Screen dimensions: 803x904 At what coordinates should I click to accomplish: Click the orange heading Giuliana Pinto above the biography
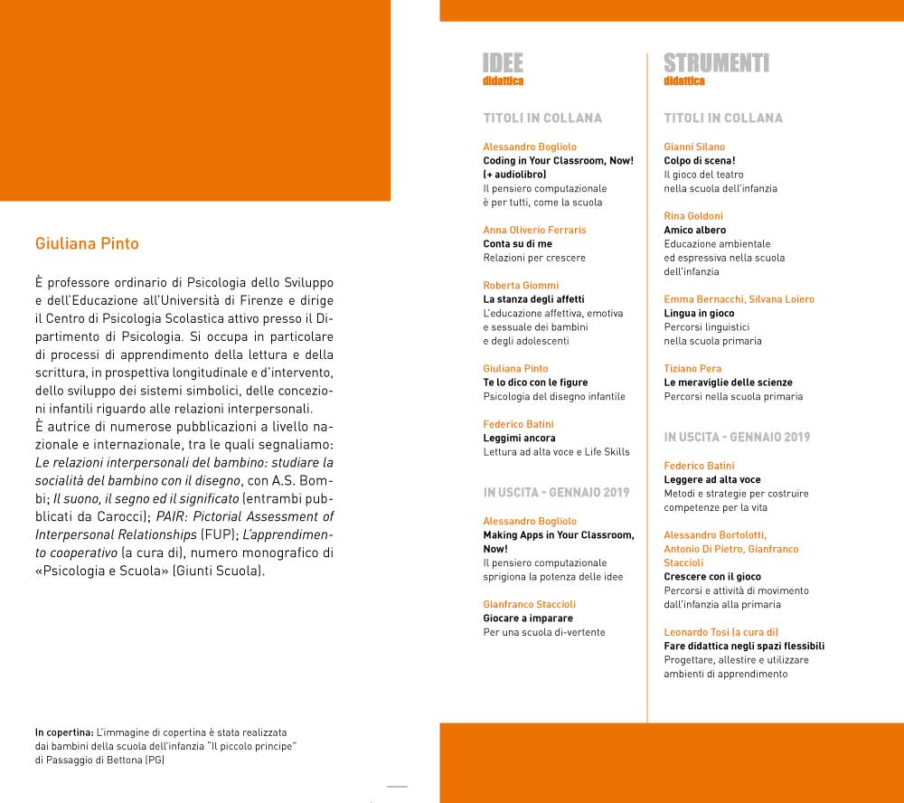coord(87,244)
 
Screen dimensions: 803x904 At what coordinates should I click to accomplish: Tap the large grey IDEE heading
coord(504,62)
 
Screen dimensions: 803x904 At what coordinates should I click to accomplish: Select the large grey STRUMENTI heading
coord(716,62)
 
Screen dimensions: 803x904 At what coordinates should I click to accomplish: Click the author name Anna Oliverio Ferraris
coord(534,230)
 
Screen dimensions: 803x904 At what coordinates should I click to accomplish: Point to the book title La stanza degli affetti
coord(533,299)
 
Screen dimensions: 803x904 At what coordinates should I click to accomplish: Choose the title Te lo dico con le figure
coord(535,383)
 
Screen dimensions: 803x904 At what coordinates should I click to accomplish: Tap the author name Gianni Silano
coord(694,146)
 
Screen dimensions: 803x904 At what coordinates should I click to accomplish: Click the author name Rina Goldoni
coord(693,216)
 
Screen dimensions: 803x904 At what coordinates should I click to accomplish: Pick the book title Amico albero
coord(694,231)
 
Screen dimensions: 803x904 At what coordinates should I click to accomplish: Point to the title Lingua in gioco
coord(699,313)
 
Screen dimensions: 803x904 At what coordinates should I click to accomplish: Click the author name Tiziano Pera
coord(692,368)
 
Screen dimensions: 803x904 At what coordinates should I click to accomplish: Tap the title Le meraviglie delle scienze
coord(728,383)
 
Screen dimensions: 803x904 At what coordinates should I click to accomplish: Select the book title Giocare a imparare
coord(528,619)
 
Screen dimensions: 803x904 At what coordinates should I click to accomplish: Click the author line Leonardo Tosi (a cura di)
coord(720,632)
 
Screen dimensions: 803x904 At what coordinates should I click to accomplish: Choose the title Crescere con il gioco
coord(712,577)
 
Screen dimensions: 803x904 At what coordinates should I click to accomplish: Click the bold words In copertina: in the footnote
coord(64,731)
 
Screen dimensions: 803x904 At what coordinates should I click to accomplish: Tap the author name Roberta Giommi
coord(521,285)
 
